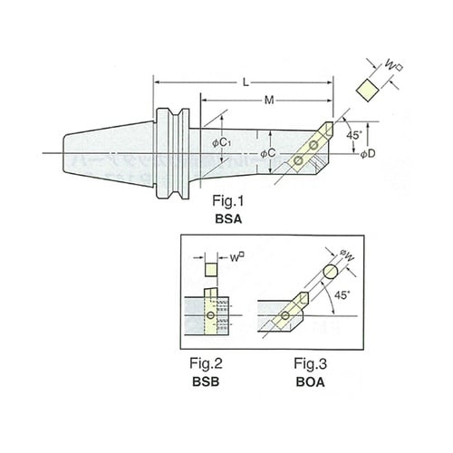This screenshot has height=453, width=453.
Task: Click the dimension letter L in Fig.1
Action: (x=246, y=82)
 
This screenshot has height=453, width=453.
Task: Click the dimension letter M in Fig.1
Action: (x=269, y=100)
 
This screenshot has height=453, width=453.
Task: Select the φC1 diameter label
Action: (x=222, y=142)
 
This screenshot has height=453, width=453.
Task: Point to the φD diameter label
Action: (x=368, y=154)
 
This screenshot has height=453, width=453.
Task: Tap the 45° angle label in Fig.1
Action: (x=353, y=135)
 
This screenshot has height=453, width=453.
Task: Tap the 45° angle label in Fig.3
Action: (x=342, y=295)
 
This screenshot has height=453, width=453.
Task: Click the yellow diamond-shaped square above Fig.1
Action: (x=367, y=90)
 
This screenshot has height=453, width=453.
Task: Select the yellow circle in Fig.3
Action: (x=331, y=271)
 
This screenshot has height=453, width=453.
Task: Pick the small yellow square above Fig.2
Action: (x=211, y=269)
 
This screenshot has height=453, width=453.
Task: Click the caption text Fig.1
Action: (x=227, y=201)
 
